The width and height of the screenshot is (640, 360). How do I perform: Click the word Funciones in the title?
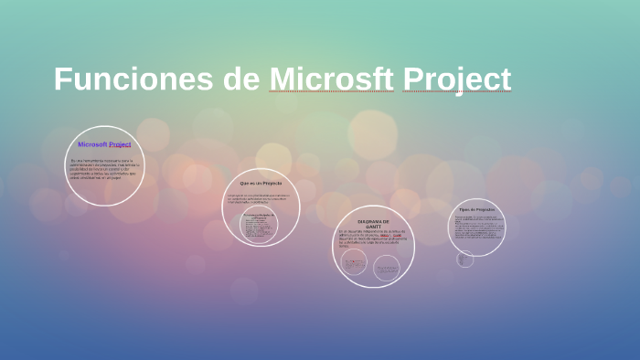click(x=133, y=79)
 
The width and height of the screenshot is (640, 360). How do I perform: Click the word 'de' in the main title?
click(x=241, y=79)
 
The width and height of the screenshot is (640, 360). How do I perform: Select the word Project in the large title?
click(x=456, y=79)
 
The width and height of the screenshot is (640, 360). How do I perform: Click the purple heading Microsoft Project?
click(x=104, y=144)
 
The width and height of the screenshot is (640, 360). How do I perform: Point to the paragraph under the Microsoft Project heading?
click(x=104, y=169)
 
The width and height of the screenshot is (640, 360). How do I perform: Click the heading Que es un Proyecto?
click(x=261, y=184)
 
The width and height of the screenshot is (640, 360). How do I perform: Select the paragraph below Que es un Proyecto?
click(x=260, y=199)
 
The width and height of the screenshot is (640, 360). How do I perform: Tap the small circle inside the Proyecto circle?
click(x=258, y=226)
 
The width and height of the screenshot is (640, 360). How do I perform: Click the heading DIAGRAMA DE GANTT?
click(x=373, y=225)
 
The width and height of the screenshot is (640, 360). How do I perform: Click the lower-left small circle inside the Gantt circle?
click(x=354, y=263)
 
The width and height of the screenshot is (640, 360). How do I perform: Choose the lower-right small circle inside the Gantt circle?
click(x=387, y=266)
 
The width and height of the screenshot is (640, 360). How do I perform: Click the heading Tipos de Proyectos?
click(x=476, y=209)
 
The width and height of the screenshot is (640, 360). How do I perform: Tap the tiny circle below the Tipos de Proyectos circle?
click(x=464, y=259)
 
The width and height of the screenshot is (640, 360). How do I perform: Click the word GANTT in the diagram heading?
click(x=373, y=228)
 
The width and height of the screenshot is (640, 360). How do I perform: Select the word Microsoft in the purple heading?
click(x=92, y=144)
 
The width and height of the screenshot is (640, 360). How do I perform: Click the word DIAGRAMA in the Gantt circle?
click(x=368, y=222)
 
